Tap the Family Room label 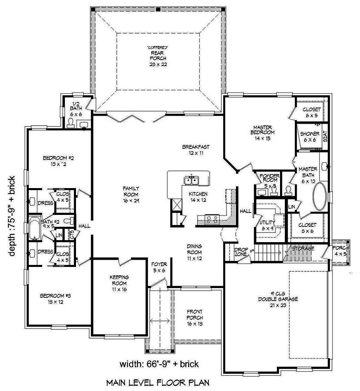(x=131, y=194)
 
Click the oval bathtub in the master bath (x=320, y=197)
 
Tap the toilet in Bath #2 (x=68, y=221)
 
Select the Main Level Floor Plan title (x=157, y=383)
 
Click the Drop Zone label (x=240, y=252)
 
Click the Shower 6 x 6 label (x=310, y=136)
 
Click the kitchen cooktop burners (x=211, y=219)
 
